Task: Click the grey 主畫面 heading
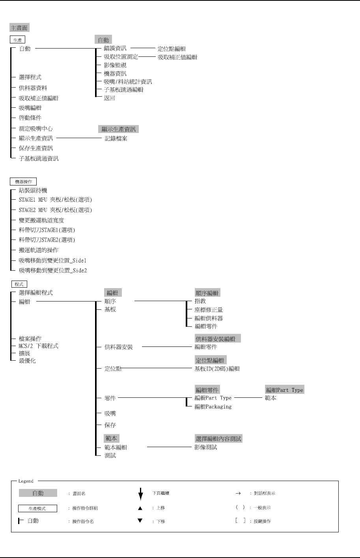coord(19,28)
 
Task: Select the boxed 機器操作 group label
coord(23,182)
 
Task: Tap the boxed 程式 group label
coord(19,284)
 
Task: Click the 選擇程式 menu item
coord(30,77)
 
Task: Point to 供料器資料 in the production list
coord(33,88)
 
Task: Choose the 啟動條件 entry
coord(30,118)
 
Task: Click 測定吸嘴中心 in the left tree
coord(35,128)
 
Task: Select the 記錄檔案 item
coord(116,139)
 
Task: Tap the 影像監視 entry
coord(115,65)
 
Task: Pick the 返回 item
coord(109,98)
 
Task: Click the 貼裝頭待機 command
coord(33,191)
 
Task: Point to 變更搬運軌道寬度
coord(41,220)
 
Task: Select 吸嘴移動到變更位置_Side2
coord(52,270)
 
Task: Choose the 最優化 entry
coord(27,361)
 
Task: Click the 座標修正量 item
coord(209,310)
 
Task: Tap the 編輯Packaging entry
coord(213,406)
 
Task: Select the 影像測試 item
coord(206,447)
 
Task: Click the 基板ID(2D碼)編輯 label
coord(217,369)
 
